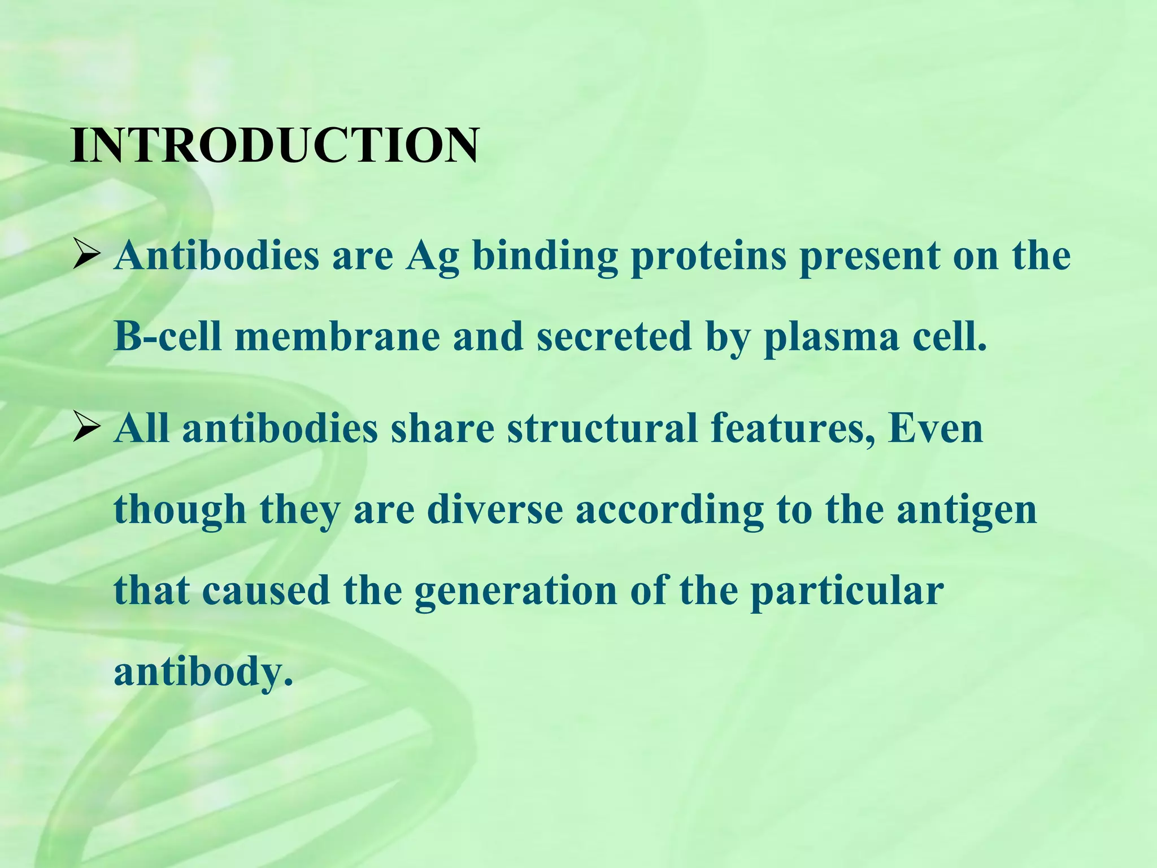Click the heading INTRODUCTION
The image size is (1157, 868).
[275, 146]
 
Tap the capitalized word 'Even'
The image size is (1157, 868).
[936, 429]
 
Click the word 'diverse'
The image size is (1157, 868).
[495, 510]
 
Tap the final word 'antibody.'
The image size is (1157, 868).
[203, 673]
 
